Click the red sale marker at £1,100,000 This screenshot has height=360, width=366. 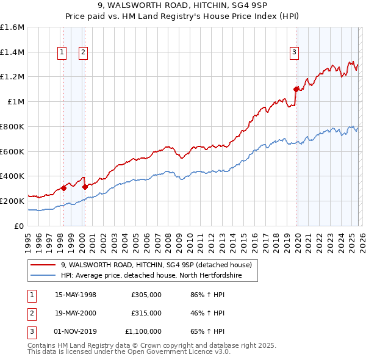coord(296,89)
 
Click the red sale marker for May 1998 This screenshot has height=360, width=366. coord(63,188)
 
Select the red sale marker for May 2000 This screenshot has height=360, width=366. coord(85,187)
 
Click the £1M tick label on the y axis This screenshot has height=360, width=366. coord(15,102)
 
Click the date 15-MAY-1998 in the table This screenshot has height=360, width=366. coord(76,295)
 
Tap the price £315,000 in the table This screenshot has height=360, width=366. coord(146,313)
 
